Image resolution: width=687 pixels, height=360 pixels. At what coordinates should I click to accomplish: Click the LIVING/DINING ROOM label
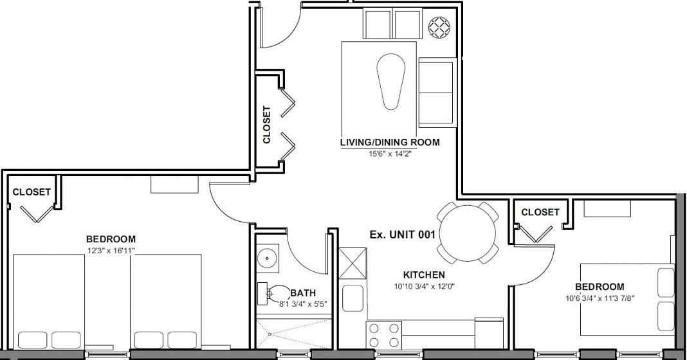pyautogui.click(x=390, y=142)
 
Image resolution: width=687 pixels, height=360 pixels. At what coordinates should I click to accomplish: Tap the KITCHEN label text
pyautogui.click(x=424, y=275)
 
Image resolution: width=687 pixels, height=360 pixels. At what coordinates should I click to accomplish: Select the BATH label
pyautogui.click(x=303, y=293)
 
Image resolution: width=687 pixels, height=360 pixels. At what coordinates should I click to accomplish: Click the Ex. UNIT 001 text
pyautogui.click(x=402, y=235)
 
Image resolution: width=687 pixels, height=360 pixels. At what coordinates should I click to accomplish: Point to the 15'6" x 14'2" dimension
pyautogui.click(x=390, y=153)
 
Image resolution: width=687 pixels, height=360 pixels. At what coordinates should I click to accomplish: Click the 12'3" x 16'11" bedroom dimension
pyautogui.click(x=111, y=250)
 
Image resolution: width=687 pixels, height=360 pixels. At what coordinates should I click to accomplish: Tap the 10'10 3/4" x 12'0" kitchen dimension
pyautogui.click(x=424, y=287)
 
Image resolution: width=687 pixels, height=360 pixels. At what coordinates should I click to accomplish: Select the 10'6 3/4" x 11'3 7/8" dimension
pyautogui.click(x=600, y=298)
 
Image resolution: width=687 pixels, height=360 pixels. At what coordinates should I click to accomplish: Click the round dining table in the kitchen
pyautogui.click(x=468, y=232)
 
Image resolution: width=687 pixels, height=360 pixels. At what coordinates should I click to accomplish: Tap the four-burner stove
pyautogui.click(x=384, y=335)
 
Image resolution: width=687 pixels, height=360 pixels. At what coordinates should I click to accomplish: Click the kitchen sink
pyautogui.click(x=353, y=298)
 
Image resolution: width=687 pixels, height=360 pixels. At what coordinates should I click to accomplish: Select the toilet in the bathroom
pyautogui.click(x=273, y=293)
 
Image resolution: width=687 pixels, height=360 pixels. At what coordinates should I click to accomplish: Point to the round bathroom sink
pyautogui.click(x=266, y=258)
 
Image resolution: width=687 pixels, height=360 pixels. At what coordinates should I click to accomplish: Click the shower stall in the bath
pyautogui.click(x=292, y=334)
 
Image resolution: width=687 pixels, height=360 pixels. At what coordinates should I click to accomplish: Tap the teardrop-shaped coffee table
pyautogui.click(x=390, y=82)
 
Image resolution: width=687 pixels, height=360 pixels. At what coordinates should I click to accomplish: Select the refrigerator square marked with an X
pyautogui.click(x=353, y=263)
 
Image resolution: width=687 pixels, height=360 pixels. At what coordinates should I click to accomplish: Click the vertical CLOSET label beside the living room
pyautogui.click(x=266, y=124)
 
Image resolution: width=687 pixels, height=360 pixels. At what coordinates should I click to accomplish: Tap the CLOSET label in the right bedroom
pyautogui.click(x=540, y=212)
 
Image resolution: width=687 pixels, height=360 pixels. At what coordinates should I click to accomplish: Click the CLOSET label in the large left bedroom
pyautogui.click(x=32, y=192)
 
